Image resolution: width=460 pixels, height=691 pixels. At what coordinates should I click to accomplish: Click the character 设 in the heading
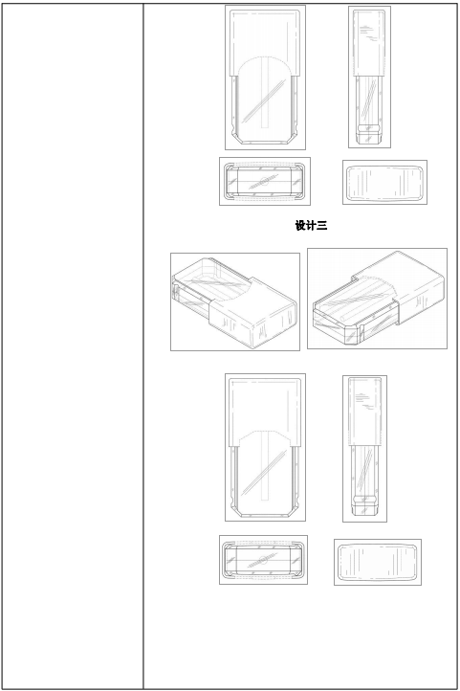(x=300, y=226)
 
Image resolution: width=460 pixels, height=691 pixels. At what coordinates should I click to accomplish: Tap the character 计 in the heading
(x=311, y=226)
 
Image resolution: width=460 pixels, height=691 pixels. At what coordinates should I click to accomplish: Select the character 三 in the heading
(x=321, y=226)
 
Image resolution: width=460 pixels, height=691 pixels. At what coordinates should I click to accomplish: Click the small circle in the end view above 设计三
(x=264, y=181)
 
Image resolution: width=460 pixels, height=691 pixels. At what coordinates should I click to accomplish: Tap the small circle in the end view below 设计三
(x=263, y=560)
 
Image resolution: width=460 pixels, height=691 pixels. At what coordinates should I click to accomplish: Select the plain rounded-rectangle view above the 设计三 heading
(x=384, y=182)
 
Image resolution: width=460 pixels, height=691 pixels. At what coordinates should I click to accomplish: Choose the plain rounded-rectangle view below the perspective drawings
(x=377, y=562)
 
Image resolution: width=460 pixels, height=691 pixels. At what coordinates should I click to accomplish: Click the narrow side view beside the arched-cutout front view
(x=370, y=77)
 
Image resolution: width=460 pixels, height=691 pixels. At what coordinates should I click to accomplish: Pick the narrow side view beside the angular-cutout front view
(x=365, y=448)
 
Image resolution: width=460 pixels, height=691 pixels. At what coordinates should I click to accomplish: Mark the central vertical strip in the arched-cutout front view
(x=265, y=93)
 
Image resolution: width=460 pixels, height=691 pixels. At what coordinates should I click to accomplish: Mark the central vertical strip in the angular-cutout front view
(x=265, y=466)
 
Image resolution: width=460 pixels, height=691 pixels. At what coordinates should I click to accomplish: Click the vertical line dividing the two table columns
(x=143, y=346)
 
